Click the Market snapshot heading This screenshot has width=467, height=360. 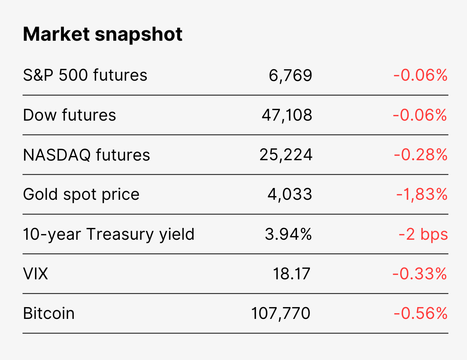(x=103, y=34)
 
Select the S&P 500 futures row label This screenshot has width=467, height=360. (x=85, y=75)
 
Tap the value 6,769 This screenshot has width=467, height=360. (x=290, y=76)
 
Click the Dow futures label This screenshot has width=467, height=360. (x=70, y=115)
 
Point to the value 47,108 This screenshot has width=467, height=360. (x=287, y=115)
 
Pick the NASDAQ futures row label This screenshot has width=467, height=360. (x=86, y=155)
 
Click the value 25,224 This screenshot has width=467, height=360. (x=286, y=155)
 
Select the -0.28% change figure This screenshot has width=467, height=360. (x=421, y=155)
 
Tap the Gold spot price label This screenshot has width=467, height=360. (x=81, y=194)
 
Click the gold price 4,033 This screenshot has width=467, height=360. (x=290, y=194)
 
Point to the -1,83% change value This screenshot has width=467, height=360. (x=422, y=194)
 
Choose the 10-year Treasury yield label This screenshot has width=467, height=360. (x=109, y=234)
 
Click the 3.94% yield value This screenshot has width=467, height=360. (x=288, y=234)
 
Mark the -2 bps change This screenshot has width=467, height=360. (x=423, y=234)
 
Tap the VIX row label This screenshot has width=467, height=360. (x=35, y=274)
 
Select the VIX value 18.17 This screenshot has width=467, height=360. (x=292, y=274)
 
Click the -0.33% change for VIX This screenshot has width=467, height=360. (x=420, y=274)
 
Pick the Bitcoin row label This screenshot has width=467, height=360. (x=49, y=313)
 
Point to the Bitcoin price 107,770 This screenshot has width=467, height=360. (x=281, y=314)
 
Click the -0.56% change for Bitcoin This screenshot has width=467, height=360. (x=421, y=313)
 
